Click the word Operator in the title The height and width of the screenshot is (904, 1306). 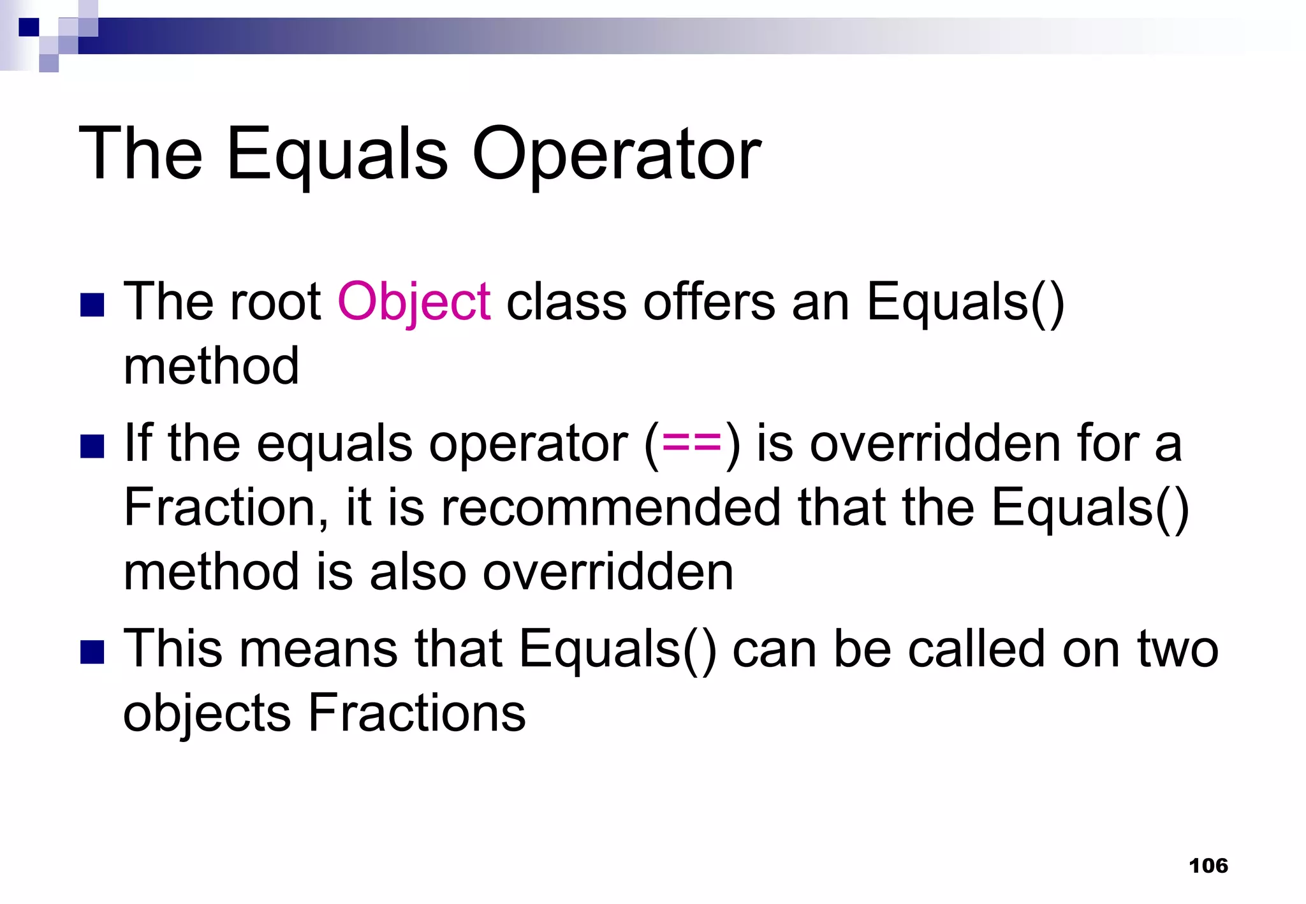616,155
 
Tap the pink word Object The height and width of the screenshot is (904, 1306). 414,302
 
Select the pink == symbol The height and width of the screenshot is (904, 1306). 692,442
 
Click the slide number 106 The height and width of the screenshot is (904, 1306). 1208,866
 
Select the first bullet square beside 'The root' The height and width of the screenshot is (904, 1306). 92,305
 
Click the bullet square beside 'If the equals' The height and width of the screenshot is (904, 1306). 92,446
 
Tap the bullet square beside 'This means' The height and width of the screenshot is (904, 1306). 92,652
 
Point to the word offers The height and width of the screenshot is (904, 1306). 709,302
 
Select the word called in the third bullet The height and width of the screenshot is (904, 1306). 977,649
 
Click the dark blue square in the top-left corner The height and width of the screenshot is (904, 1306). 29,27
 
